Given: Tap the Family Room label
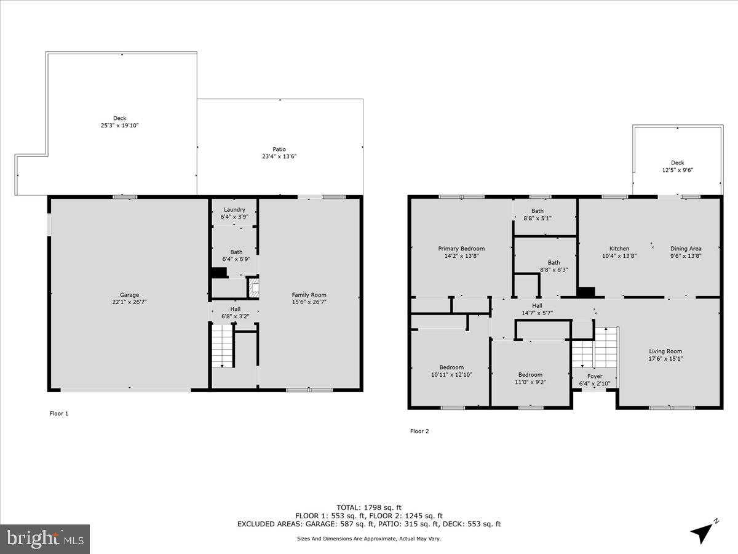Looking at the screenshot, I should (309, 295).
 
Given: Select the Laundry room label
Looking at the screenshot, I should (234, 210).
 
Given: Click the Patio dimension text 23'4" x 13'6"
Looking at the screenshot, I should (279, 157).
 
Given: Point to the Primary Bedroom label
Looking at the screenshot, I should (461, 249).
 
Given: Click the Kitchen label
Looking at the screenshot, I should (619, 249).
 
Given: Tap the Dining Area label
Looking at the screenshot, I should (686, 249).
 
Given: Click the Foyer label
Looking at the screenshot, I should (595, 376).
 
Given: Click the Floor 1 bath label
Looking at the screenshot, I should (236, 252).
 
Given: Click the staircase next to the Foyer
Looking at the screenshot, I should (594, 347).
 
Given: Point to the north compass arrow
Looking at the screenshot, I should (704, 531).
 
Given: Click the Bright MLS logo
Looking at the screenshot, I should (45, 539).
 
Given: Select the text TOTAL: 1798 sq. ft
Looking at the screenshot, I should (369, 507).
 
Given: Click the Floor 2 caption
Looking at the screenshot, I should (419, 431).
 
